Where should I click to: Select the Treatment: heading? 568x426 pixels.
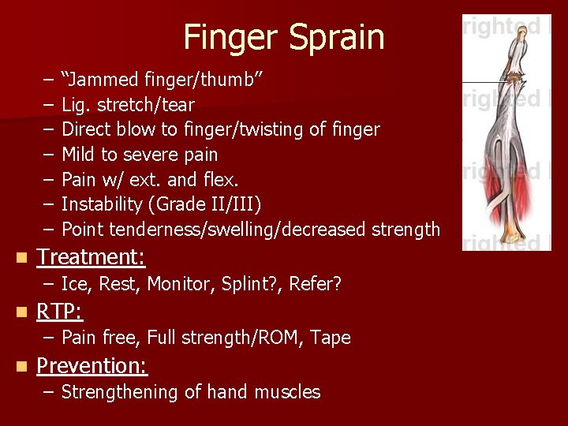click(91, 257)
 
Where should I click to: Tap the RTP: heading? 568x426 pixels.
click(60, 312)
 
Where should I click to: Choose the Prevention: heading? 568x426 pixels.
click(92, 366)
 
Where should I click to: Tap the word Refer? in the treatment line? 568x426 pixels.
click(316, 284)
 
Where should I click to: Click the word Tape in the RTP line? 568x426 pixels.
click(331, 338)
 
